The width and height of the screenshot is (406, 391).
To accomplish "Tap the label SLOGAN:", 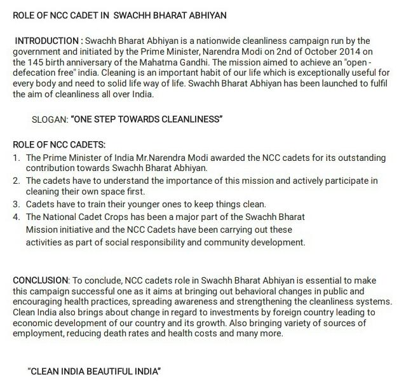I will pos(53,120).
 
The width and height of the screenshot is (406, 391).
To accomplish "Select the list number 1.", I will pos(17,157).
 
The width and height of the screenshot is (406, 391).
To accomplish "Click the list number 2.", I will pos(17,181).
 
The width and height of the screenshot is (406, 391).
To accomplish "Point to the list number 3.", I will pos(17,203).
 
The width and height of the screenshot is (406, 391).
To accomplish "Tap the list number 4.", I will pos(17,216).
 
